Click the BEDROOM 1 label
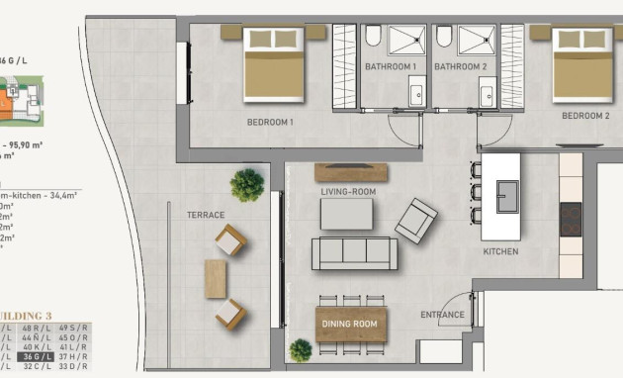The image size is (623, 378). point(270,123)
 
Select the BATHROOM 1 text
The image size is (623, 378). point(391,66)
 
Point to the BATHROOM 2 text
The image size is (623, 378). point(461,66)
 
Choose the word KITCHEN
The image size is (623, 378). point(500,252)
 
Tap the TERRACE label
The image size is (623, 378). point(206,215)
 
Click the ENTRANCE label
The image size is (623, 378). point(442,316)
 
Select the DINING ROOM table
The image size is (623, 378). point(350,324)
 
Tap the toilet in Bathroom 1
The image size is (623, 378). point(373,38)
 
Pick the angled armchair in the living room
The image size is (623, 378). point(416,219)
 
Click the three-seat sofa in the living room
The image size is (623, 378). point(354,253)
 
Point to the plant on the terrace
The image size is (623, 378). point(247,184)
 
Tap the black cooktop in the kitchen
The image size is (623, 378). point(571,219)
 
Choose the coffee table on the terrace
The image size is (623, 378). point(216,278)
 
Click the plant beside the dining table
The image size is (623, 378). point(301,349)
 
